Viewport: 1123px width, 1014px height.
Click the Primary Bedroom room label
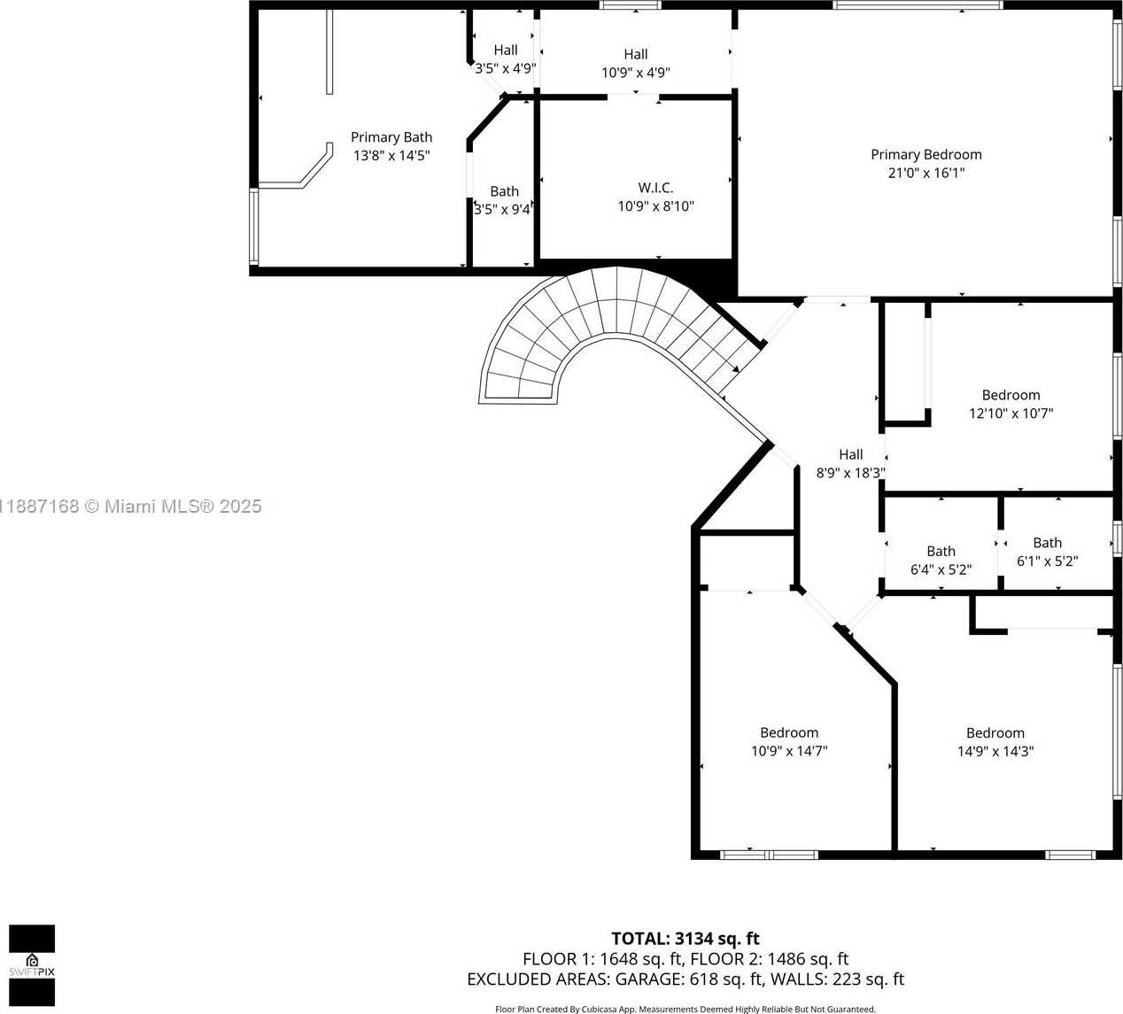(x=926, y=154)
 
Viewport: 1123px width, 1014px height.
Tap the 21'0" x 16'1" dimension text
(x=926, y=173)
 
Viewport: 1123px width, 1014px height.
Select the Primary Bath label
(x=391, y=137)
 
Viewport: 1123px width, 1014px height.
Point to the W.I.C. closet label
(x=655, y=188)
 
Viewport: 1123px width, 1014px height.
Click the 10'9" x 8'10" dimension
(x=655, y=206)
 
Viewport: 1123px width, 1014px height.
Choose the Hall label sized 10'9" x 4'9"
(x=635, y=54)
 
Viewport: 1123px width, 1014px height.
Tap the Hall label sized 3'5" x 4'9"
(x=506, y=50)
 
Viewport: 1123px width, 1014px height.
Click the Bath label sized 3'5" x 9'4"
(x=504, y=191)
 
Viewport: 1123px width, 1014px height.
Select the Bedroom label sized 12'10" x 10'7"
(x=1011, y=395)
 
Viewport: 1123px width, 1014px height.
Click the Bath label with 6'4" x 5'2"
(x=941, y=551)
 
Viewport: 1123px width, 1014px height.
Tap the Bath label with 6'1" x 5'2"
(x=1047, y=543)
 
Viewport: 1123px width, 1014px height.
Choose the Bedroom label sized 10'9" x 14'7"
(x=788, y=732)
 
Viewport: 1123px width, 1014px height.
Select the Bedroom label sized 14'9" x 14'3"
(x=995, y=732)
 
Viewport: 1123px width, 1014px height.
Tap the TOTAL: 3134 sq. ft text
(x=685, y=939)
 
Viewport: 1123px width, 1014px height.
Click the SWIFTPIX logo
(x=32, y=965)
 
